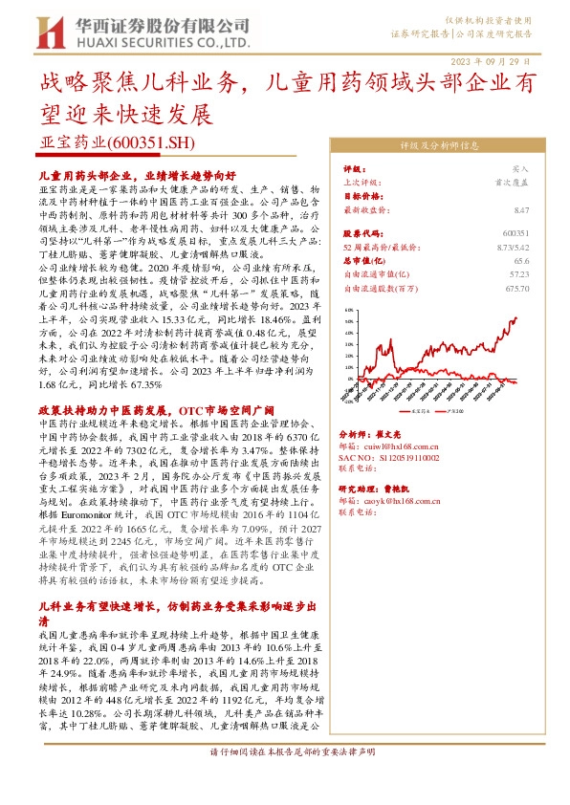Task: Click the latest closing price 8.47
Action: (x=520, y=208)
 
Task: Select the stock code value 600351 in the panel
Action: (x=515, y=232)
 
